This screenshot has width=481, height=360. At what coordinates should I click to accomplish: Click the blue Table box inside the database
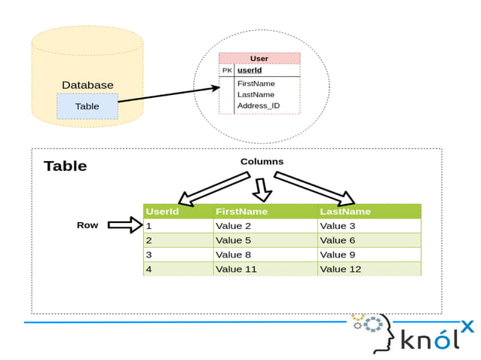tap(87, 106)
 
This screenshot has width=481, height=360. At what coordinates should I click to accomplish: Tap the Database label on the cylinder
tap(87, 86)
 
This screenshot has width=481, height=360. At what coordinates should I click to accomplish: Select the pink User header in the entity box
tap(259, 59)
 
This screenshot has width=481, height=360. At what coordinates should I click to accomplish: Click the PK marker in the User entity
tap(227, 71)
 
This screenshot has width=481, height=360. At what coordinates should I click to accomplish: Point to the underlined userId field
tap(250, 71)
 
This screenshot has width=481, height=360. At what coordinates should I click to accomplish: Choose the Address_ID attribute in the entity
tap(259, 106)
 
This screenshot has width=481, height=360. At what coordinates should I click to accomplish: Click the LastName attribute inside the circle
tap(256, 95)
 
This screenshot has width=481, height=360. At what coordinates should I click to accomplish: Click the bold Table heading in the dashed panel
tap(65, 166)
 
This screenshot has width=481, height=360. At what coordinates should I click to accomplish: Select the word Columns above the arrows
tap(262, 161)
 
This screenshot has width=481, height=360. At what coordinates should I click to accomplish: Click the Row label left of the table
tap(87, 225)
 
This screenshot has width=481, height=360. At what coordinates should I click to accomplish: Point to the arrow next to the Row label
tap(124, 224)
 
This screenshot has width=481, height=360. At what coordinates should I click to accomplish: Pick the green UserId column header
tap(162, 212)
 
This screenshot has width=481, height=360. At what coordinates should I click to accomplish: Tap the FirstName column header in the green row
tap(241, 212)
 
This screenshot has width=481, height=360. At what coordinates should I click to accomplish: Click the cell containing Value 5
tap(233, 240)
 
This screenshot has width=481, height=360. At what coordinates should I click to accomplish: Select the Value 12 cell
tap(340, 269)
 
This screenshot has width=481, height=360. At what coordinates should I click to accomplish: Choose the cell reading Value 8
tap(233, 255)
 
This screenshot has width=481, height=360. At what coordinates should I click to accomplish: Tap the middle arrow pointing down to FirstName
tap(262, 190)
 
